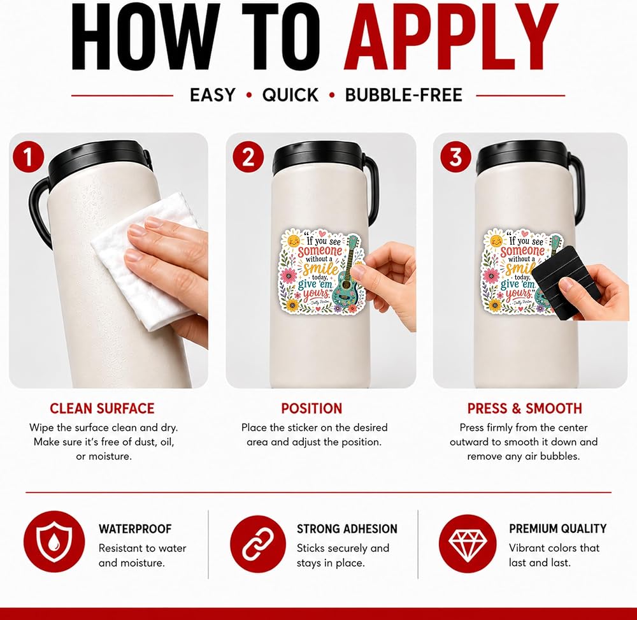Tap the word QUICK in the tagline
click(290, 95)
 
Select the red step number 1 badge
click(28, 157)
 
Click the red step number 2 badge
click(248, 157)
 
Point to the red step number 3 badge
click(456, 157)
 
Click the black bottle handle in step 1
click(39, 212)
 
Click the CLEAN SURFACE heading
click(102, 408)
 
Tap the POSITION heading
click(311, 408)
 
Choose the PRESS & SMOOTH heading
click(524, 408)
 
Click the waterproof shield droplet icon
click(54, 542)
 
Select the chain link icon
click(258, 544)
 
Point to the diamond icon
click(468, 544)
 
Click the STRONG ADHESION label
click(347, 529)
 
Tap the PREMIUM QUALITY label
click(558, 528)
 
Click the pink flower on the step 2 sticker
click(289, 276)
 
